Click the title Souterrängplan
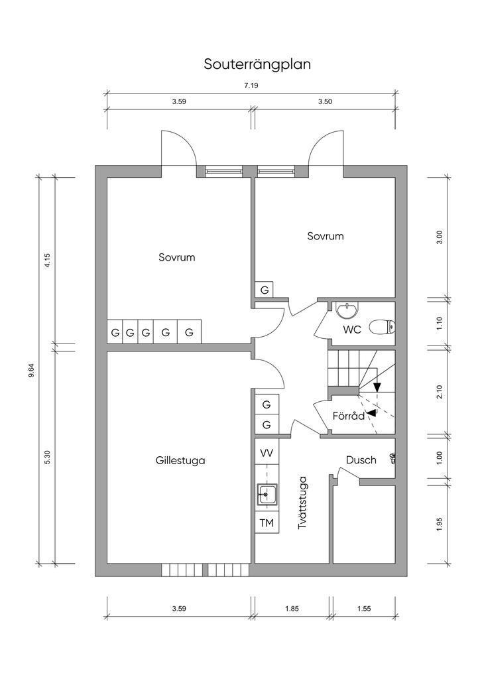pyautogui.click(x=257, y=64)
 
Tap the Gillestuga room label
pyautogui.click(x=180, y=460)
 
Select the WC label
pyautogui.click(x=352, y=330)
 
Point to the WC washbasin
pyautogui.click(x=347, y=310)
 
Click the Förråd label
pyautogui.click(x=349, y=416)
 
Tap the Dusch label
pyautogui.click(x=361, y=460)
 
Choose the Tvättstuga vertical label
pyautogui.click(x=302, y=503)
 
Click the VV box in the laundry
pyautogui.click(x=267, y=453)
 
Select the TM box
pyautogui.click(x=267, y=523)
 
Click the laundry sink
pyautogui.click(x=267, y=493)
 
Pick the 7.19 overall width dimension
pyautogui.click(x=251, y=86)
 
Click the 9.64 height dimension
pyautogui.click(x=31, y=371)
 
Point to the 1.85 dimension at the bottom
pyautogui.click(x=292, y=609)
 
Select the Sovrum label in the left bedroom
pyautogui.click(x=176, y=257)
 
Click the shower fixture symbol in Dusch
pyautogui.click(x=393, y=458)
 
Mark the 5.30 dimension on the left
pyautogui.click(x=48, y=458)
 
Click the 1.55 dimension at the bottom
pyautogui.click(x=364, y=609)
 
